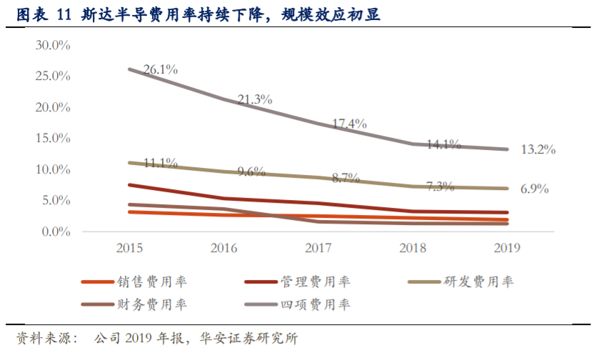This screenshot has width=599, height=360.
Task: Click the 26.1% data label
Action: (x=160, y=70)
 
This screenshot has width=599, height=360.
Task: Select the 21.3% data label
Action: (x=255, y=100)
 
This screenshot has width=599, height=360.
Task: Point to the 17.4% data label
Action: (x=349, y=124)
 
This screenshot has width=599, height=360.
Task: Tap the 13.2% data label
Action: (x=538, y=150)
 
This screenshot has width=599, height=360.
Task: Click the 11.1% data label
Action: (x=160, y=163)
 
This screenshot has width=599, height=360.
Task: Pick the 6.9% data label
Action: (x=534, y=189)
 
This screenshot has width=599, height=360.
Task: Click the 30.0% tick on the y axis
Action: (x=53, y=45)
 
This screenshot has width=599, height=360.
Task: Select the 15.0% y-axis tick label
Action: (x=53, y=139)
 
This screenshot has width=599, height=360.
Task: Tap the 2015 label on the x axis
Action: (x=129, y=248)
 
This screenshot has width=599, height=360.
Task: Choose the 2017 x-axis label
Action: (x=318, y=248)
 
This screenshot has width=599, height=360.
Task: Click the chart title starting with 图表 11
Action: (x=198, y=15)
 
